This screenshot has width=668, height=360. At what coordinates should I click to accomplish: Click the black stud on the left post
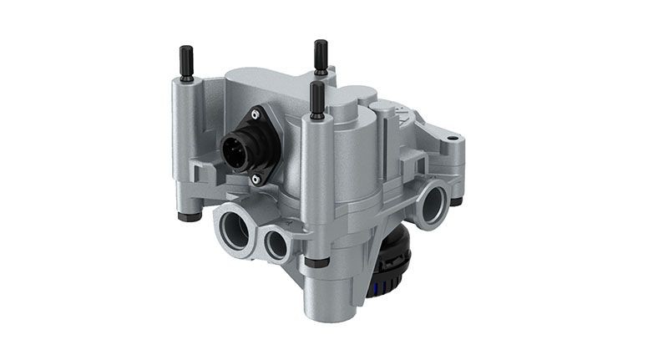coord(186,64)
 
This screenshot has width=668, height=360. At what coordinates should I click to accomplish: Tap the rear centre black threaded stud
coord(321,56)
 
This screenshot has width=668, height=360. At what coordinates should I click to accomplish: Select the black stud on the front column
coord(317,97)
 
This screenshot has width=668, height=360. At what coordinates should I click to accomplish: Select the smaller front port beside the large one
coord(276,243)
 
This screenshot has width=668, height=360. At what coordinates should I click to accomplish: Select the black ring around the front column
coord(320,262)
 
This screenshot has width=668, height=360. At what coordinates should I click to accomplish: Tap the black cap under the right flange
coord(456,200)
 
